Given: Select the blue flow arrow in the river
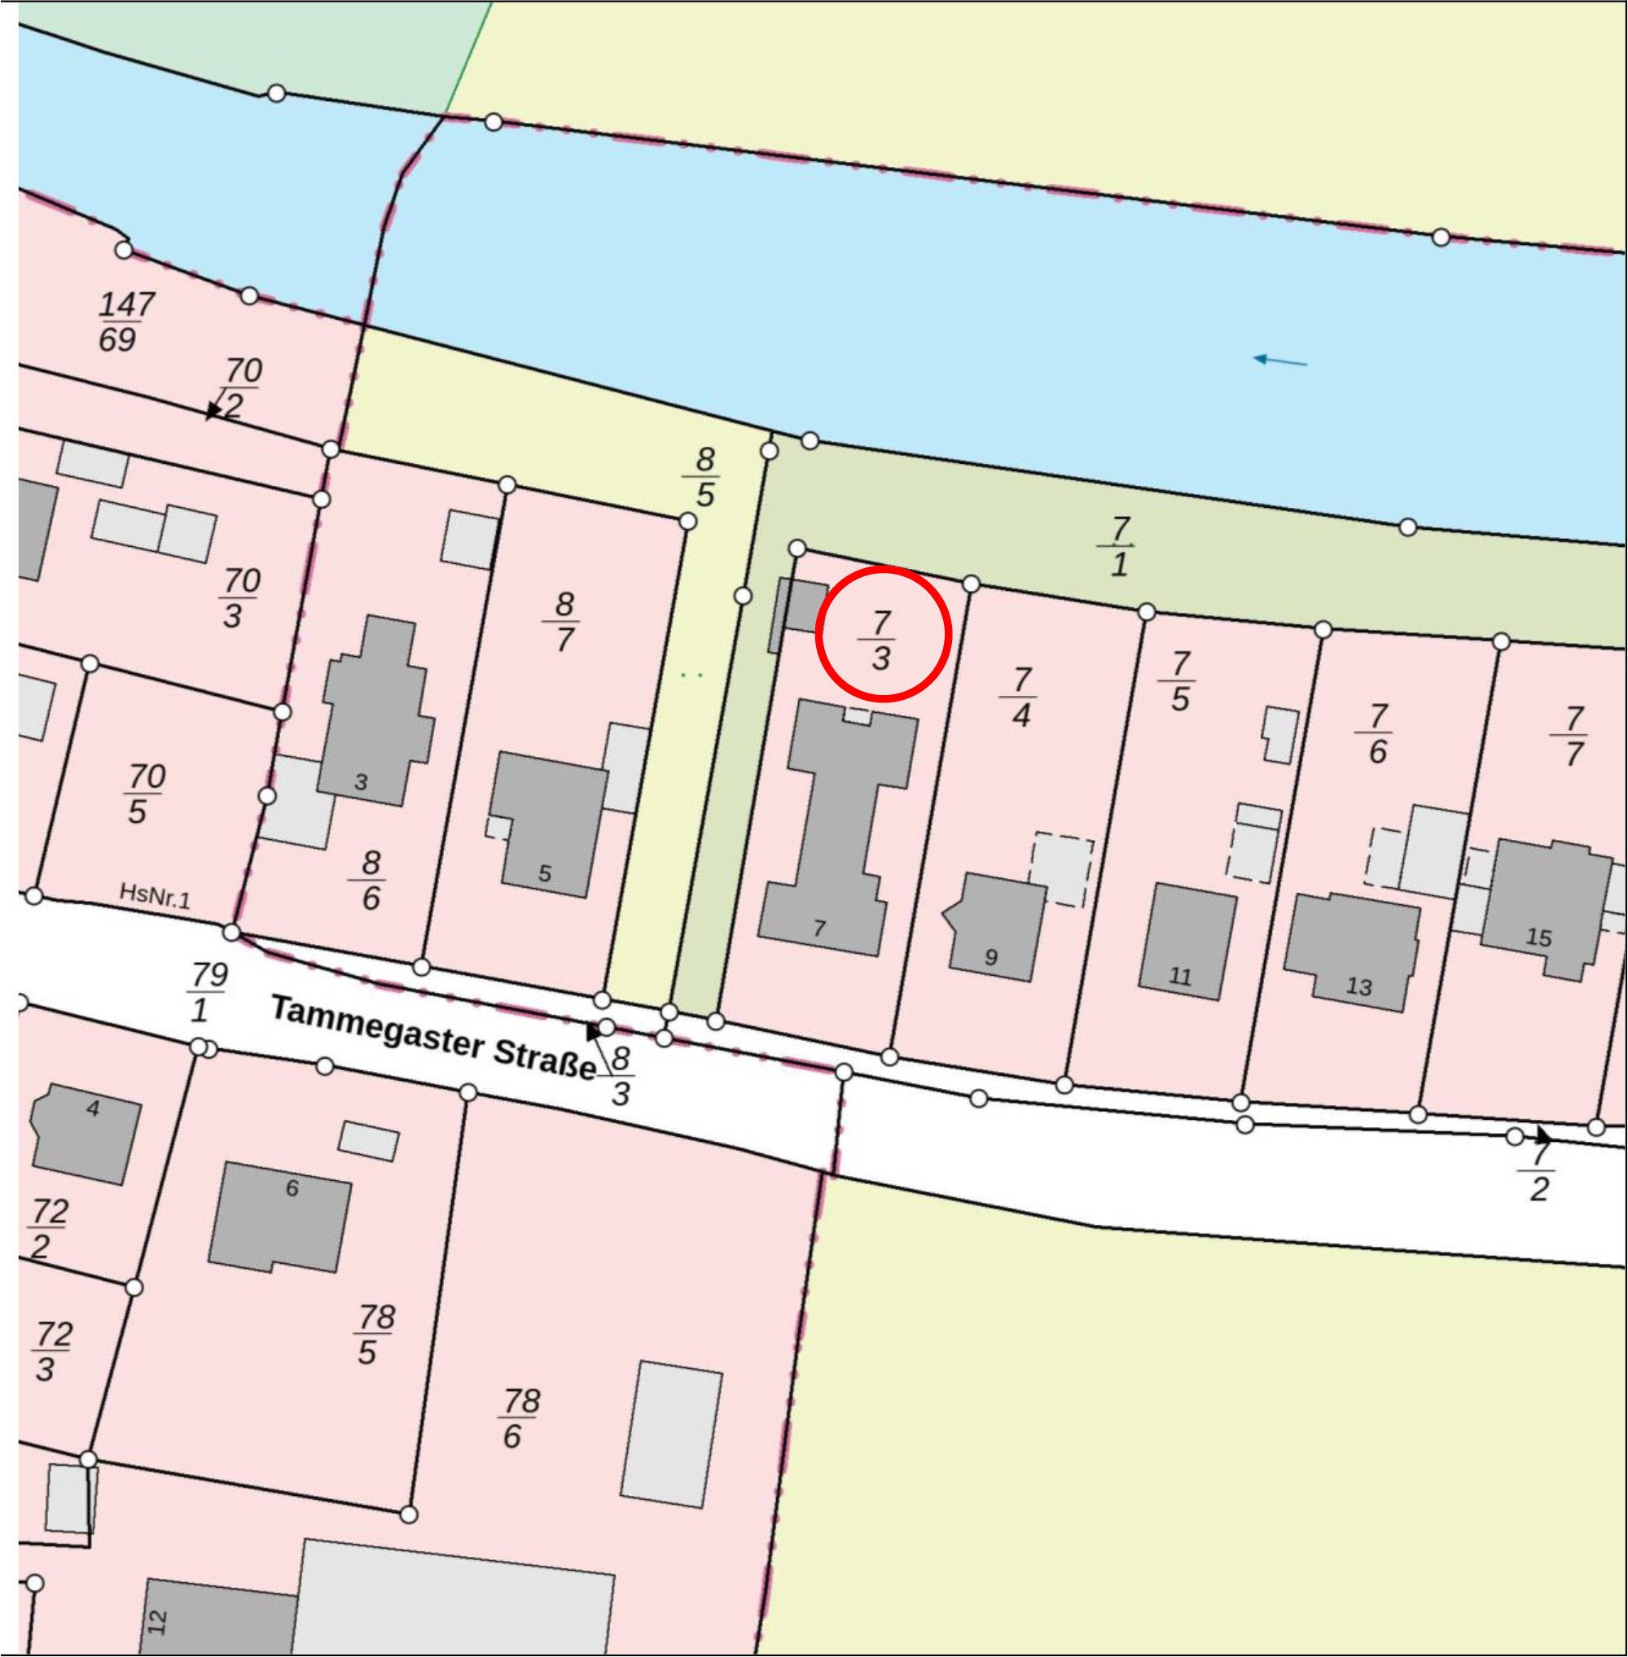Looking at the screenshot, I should [1280, 361].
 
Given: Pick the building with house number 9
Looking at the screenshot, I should [996, 927].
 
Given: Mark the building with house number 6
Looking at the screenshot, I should [279, 1217].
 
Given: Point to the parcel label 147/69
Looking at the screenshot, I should [125, 321].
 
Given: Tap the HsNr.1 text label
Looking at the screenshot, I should [155, 895].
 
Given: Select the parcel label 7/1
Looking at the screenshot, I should [1119, 546].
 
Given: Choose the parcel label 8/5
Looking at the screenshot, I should [704, 477].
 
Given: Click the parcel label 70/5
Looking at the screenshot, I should [143, 794].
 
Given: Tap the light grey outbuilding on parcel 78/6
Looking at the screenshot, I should [671, 1435].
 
